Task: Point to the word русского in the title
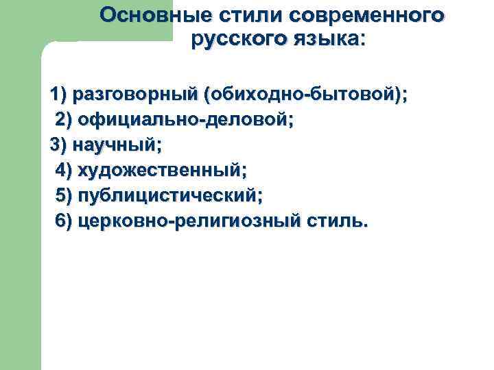click(x=236, y=39)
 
